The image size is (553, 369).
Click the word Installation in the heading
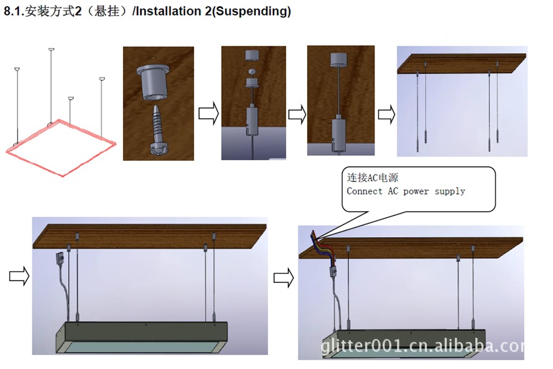(x=168, y=11)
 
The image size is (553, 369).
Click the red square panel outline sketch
(x=61, y=148)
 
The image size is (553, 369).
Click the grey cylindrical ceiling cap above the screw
(x=153, y=82)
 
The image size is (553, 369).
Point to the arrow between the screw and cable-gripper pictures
(x=209, y=114)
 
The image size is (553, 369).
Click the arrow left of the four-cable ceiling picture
(x=386, y=114)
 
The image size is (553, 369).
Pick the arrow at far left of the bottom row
(x=19, y=276)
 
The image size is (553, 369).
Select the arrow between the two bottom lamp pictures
(x=284, y=278)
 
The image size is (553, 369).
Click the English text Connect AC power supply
(x=406, y=191)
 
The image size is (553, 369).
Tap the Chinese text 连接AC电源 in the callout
(x=372, y=178)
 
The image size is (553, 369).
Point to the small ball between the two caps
(x=252, y=72)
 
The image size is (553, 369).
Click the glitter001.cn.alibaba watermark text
(x=422, y=346)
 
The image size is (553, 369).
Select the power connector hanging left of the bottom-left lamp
(x=60, y=260)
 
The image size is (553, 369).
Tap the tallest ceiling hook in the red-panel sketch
(x=51, y=50)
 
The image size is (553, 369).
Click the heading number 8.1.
(x=14, y=11)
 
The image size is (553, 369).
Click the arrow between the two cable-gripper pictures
(x=298, y=114)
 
